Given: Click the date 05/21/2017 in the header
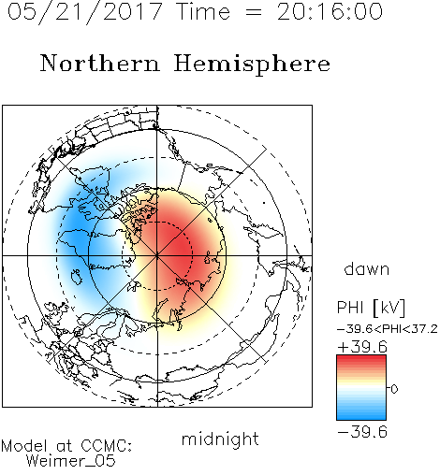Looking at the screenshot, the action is coord(84,12).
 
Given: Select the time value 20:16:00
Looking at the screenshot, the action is coord(330,11).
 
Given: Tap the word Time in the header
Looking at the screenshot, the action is coord(203,11).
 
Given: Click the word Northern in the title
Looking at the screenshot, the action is coord(100,63).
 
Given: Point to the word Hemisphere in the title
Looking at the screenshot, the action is coord(252,65).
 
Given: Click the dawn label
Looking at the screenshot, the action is coord(367,268).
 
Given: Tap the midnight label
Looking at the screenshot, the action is coord(220,439).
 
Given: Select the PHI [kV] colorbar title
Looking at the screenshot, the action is coord(371,308).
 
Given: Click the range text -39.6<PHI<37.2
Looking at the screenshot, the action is coord(388,329).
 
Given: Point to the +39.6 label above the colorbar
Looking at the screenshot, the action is coord(362,347).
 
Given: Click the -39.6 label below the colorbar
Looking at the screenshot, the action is coord(362,432).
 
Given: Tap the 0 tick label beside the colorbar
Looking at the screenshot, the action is coord(394,389).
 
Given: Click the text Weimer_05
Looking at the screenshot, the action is coord(70,460).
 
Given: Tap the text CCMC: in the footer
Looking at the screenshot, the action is coord(106,446).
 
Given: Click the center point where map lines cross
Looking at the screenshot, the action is coord(157,255).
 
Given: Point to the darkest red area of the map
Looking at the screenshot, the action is coord(176,246).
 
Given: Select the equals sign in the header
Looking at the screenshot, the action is coord(254,12).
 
